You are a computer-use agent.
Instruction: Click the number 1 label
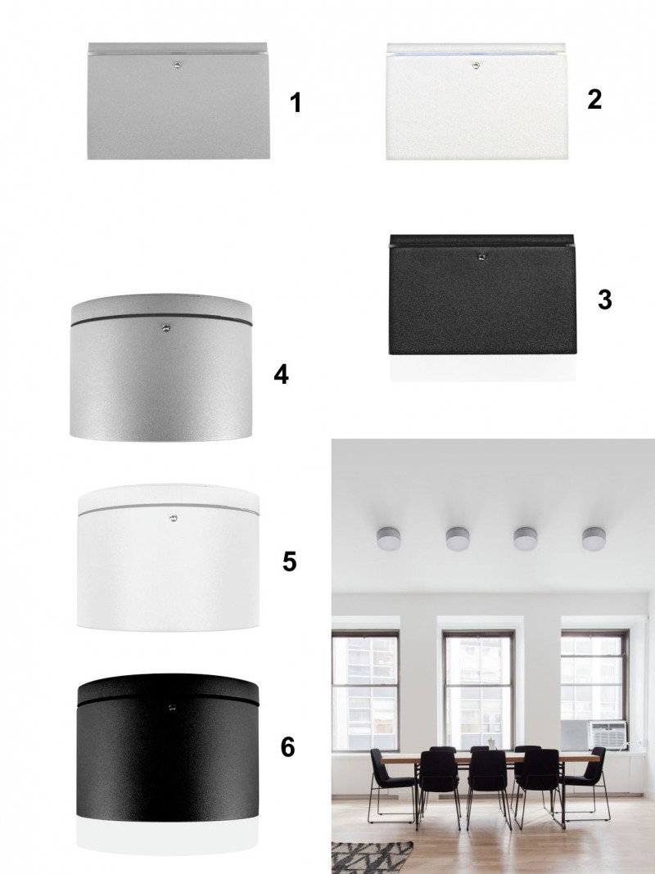point(296,103)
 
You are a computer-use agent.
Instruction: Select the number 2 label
point(594,99)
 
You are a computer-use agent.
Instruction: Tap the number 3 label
point(605,300)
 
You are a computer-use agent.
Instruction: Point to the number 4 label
point(282,374)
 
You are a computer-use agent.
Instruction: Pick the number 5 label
point(289,561)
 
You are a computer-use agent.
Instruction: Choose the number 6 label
point(287,747)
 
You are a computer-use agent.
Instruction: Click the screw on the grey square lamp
point(178,65)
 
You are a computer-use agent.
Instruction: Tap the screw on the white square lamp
point(476,65)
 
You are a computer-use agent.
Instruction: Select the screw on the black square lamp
point(481,258)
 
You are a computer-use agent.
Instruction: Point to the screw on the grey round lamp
point(165,327)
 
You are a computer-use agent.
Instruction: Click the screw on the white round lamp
point(174,518)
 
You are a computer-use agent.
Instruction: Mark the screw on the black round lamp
point(171,707)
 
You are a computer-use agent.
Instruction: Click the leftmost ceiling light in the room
point(388,538)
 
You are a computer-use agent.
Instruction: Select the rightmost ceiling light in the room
point(594,538)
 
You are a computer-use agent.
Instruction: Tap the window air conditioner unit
point(608,735)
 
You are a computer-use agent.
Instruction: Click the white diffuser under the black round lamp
point(167,836)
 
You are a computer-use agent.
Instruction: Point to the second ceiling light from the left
point(457,538)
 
